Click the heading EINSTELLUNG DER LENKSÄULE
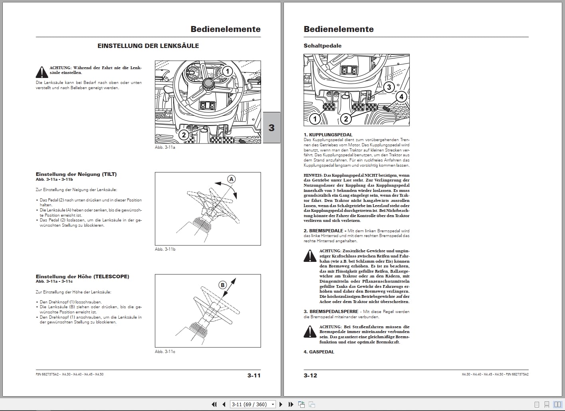coord(148,46)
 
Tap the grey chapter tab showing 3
coord(272,128)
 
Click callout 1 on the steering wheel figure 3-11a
coord(227,72)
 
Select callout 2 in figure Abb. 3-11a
coord(184,135)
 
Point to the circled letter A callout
coord(231,179)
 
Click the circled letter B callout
coord(222,285)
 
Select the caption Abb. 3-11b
coord(165,249)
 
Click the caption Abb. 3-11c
coord(165,351)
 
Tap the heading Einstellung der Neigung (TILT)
coord(76,174)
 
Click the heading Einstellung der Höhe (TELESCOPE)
coord(82,276)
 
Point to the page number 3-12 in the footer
coord(310,375)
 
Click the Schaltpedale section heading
coord(322,46)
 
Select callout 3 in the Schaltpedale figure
coord(389,87)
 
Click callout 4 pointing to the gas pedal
coord(401,97)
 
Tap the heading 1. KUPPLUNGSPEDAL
coord(328,135)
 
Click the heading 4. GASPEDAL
coord(319,352)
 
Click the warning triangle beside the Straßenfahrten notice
coord(310,331)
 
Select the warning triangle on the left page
coord(42,72)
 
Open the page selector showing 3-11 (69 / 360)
coord(253,404)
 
